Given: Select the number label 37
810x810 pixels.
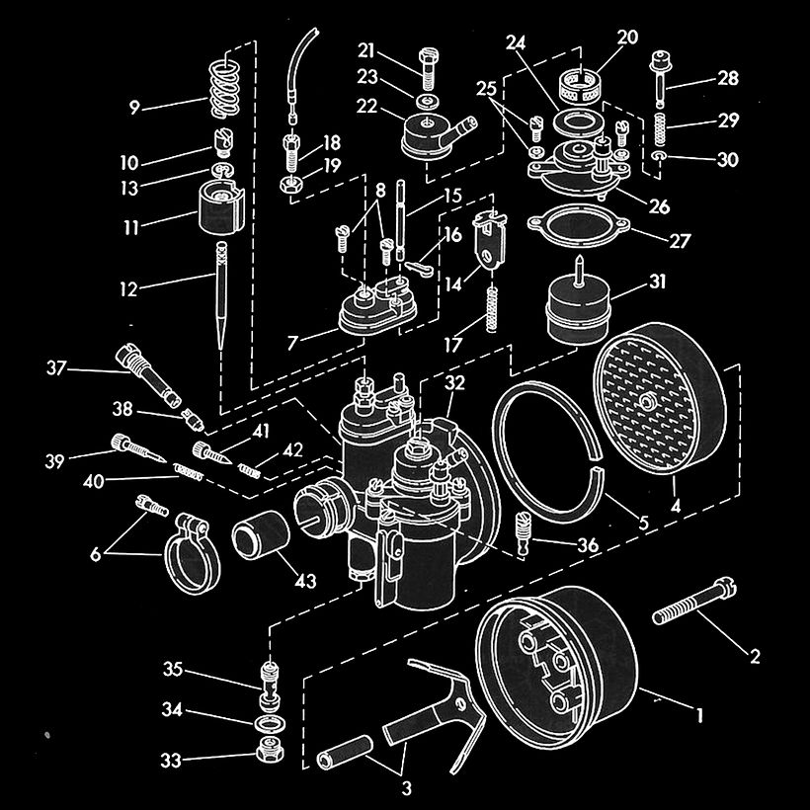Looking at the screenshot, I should (x=57, y=369).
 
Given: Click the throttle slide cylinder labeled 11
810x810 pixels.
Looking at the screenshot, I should (x=221, y=207).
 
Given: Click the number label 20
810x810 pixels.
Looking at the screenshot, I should (x=627, y=39).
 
